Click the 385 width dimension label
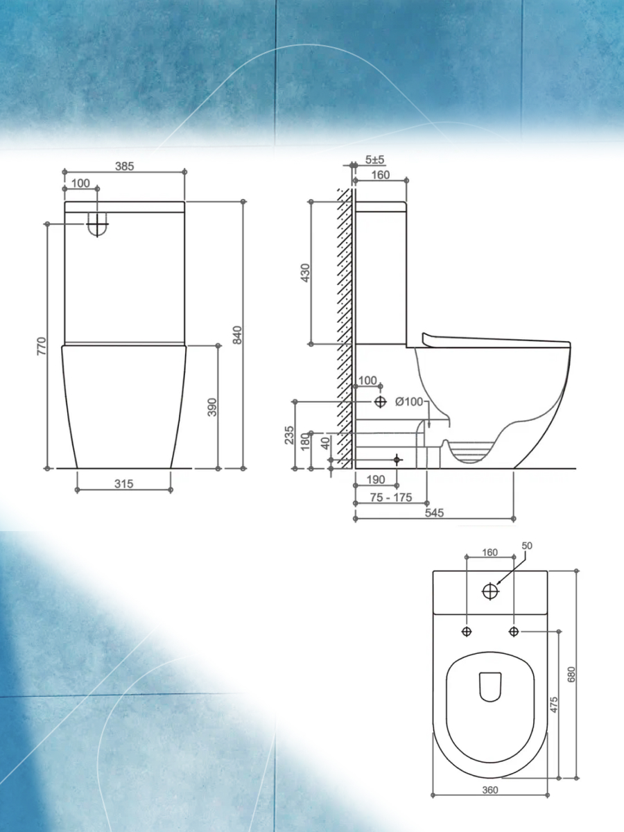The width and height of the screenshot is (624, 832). tap(125, 166)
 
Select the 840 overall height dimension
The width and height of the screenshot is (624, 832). tap(237, 335)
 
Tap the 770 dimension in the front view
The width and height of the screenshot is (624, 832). tap(42, 346)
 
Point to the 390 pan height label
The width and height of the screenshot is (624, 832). tap(212, 408)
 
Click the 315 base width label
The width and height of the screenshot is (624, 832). tap(124, 484)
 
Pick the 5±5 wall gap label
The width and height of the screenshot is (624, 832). tap(374, 159)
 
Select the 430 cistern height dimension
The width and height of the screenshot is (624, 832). tap(305, 273)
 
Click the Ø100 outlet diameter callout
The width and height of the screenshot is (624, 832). tap(409, 401)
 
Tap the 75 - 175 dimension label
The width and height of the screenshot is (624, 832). tap(391, 497)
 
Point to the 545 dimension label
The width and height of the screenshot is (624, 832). tap(434, 513)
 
